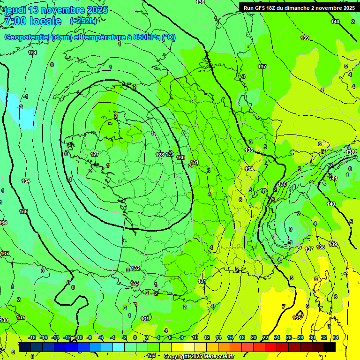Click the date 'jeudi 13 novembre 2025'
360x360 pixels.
tap(56, 10)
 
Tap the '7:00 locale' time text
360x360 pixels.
tap(32, 21)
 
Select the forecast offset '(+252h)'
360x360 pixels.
tap(83, 21)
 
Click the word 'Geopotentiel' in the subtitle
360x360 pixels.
tap(27, 37)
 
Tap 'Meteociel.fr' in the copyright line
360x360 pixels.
tap(216, 357)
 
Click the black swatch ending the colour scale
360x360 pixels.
tap(330, 346)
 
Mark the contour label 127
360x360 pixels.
tap(95, 154)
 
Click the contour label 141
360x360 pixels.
tap(333, 178)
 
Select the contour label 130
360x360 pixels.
tap(180, 157)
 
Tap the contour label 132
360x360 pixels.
tap(135, 269)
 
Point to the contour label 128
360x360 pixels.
tap(160, 154)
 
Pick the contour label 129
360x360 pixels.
tap(169, 154)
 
